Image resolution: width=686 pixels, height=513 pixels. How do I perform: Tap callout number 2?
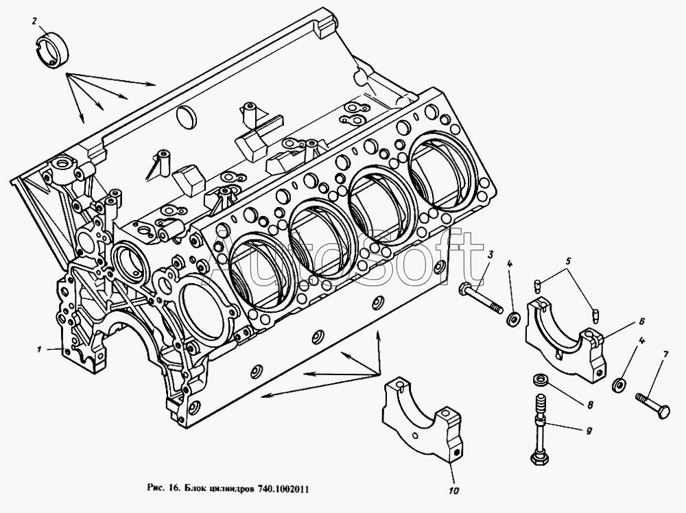tap(34, 21)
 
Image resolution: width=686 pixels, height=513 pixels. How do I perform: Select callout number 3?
tap(490, 255)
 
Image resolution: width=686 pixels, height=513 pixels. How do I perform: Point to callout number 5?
tap(568, 261)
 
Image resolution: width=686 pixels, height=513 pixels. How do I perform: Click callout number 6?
tap(641, 320)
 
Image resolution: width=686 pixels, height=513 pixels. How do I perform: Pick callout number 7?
tap(665, 355)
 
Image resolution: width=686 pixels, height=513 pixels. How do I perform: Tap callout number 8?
tap(589, 404)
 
